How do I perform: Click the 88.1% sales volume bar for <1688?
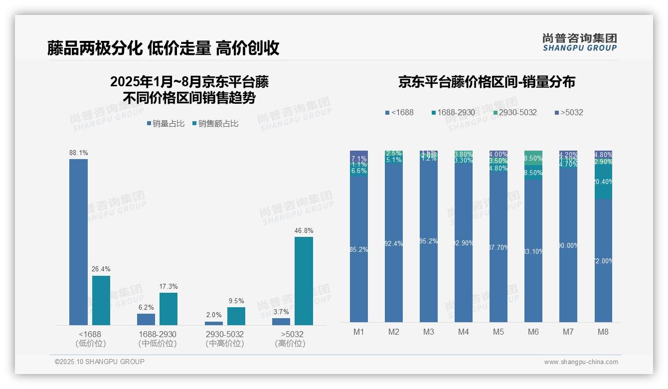point(78,242)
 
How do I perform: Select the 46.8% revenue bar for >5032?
point(304,281)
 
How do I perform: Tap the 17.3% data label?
point(168,286)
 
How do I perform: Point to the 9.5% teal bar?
point(236,316)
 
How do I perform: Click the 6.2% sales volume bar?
point(146,319)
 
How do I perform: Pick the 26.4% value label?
point(101,269)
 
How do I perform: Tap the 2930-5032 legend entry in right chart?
point(515,112)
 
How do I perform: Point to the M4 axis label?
point(464,332)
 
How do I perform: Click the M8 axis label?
point(603,332)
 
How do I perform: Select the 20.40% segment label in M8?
point(603,182)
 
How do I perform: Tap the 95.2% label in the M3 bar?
point(429,241)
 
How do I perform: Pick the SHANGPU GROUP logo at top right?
point(579,42)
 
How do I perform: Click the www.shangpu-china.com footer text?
point(581,362)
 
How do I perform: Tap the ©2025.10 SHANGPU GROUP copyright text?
point(99,362)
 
